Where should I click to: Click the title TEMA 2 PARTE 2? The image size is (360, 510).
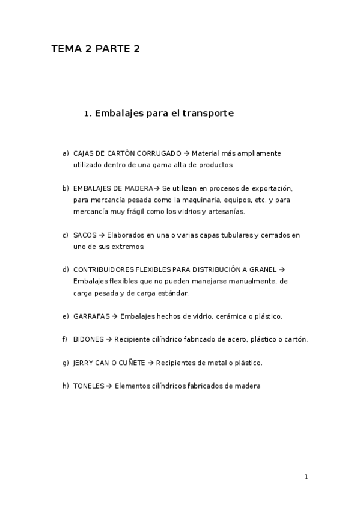tap(96, 49)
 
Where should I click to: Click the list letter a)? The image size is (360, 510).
tap(66, 153)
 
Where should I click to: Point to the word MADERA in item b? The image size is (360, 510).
tap(139, 189)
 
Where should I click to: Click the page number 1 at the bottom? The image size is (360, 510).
tap(306, 477)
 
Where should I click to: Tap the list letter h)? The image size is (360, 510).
tap(66, 386)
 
